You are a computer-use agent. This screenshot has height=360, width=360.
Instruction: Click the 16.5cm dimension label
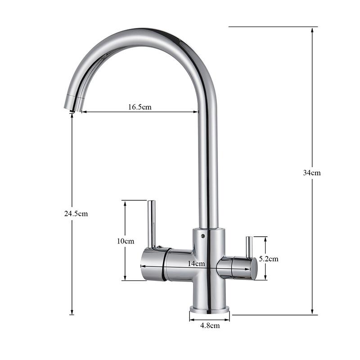pos(139,107)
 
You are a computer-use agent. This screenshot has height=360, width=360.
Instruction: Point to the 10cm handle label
pos(126,241)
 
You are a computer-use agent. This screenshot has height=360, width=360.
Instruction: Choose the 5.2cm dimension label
pos(269,259)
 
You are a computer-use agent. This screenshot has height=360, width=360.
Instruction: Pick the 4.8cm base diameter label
pos(209,325)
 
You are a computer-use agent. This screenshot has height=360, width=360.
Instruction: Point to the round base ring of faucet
pos(209,310)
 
